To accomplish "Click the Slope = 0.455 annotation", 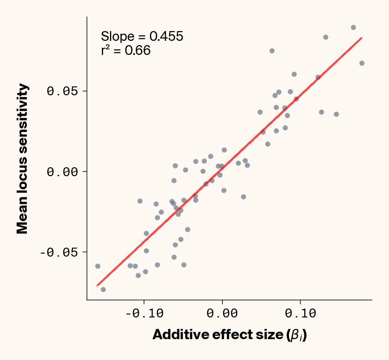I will coord(142,37).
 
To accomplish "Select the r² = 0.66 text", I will coord(126,51).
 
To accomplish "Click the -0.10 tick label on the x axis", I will coord(144,314).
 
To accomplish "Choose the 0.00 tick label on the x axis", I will coord(222,314).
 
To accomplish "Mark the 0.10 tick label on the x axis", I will coord(301,314).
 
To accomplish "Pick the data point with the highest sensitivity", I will coord(353,27).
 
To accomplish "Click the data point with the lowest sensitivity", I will coord(103,289).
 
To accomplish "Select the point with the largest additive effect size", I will coord(362,63).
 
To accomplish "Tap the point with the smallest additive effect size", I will coord(98,266).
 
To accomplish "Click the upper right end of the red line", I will coord(361,38).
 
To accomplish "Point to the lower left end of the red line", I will coord(98,285).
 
